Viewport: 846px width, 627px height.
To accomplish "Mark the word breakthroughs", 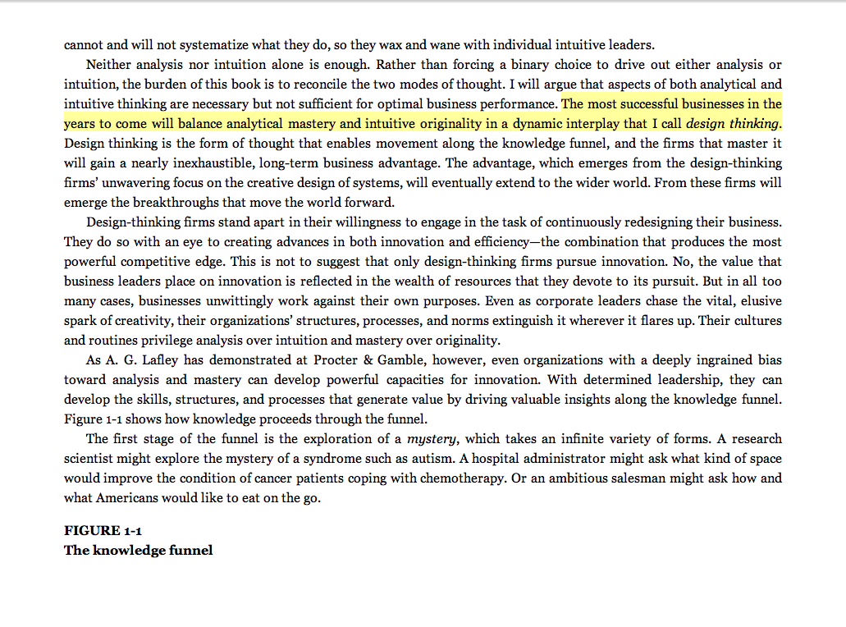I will (162, 203).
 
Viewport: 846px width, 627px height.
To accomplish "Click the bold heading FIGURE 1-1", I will (103, 530).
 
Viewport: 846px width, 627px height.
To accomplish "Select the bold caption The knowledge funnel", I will (138, 550).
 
